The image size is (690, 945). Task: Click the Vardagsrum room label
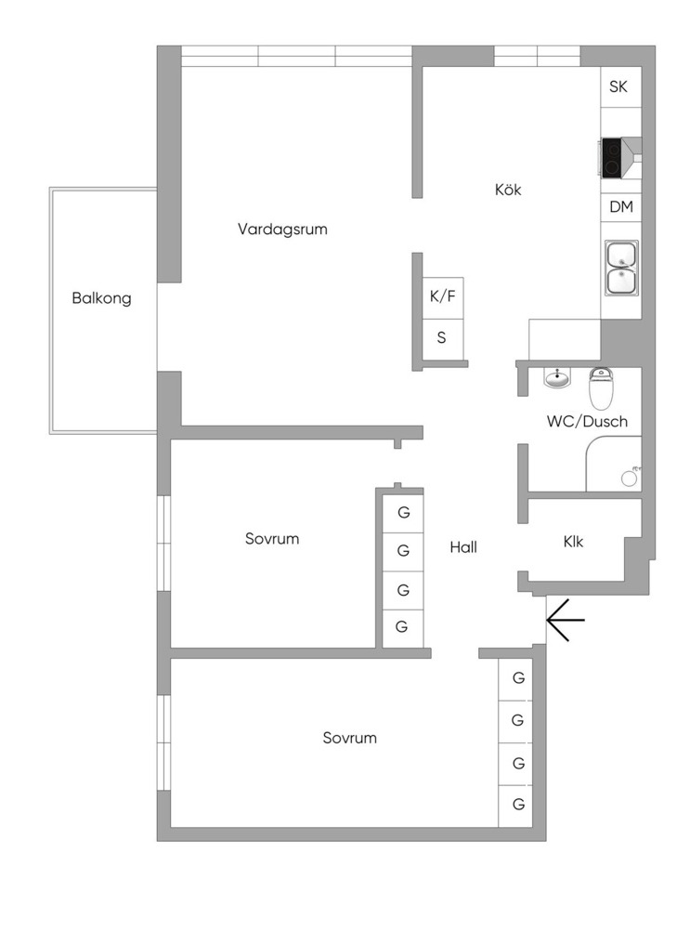282,230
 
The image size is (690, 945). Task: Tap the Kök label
508,190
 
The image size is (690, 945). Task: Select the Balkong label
101,298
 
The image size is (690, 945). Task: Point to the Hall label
463,547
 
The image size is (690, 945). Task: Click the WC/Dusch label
587,421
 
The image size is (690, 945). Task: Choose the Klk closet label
573,542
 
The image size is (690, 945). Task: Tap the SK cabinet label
618,86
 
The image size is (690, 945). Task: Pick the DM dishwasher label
621,206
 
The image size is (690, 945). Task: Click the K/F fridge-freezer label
443,296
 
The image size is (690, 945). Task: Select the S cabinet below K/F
441,338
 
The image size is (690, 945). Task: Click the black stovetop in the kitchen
612,158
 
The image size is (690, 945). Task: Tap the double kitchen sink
622,268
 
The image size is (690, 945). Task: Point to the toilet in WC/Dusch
601,388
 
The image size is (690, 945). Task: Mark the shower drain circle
630,479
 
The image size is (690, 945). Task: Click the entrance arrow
566,620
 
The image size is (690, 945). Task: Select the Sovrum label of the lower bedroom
350,739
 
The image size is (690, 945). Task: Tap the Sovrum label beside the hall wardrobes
272,539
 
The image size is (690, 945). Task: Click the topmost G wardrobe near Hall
403,513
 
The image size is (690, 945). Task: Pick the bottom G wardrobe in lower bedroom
518,805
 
